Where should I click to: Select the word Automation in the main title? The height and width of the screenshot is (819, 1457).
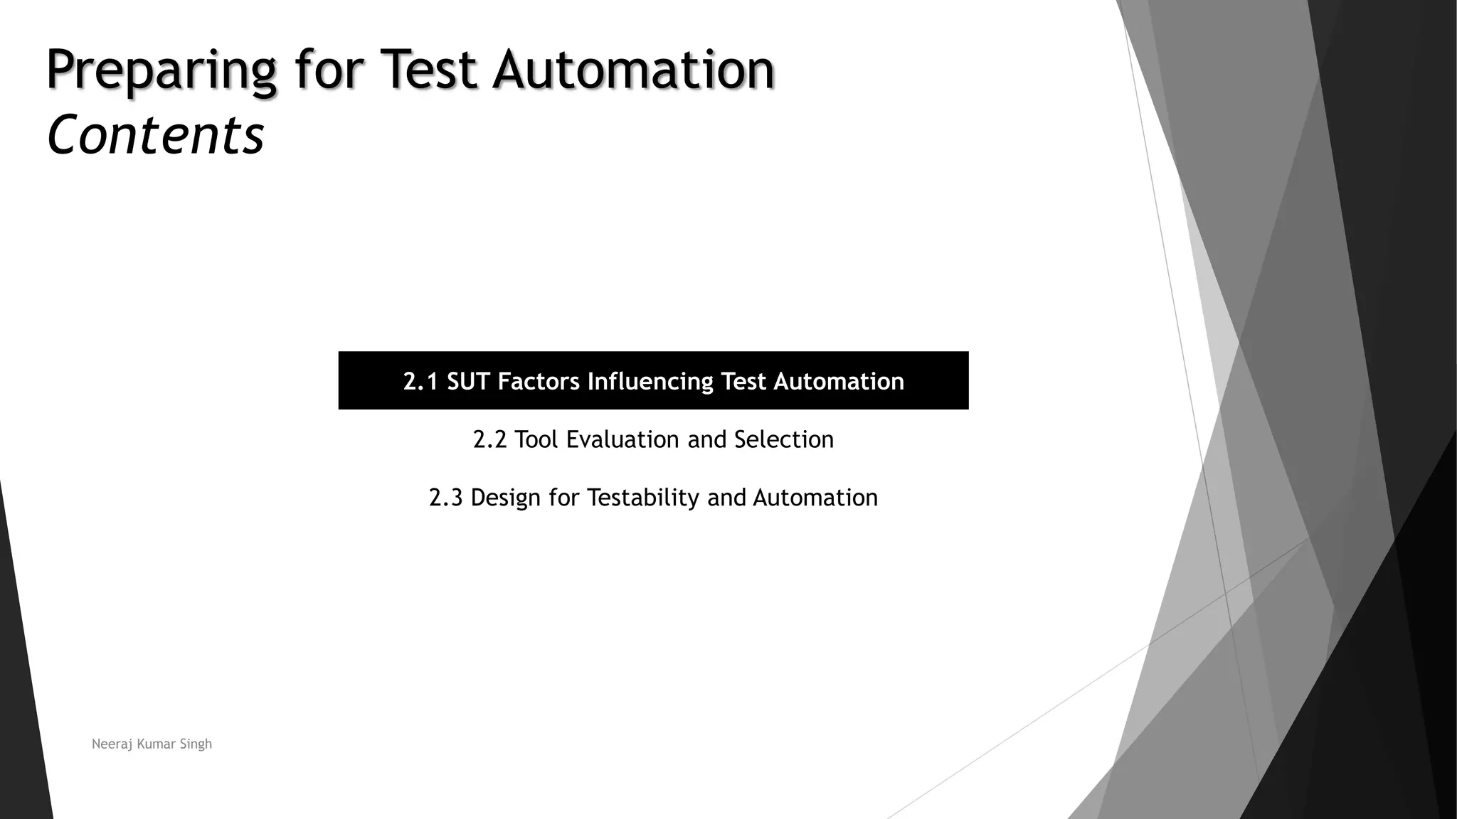[x=633, y=70]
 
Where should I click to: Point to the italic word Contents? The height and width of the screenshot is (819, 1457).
[x=155, y=135]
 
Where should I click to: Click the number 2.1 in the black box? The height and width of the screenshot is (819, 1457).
[x=420, y=382]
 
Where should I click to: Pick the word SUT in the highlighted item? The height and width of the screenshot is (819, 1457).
[x=469, y=382]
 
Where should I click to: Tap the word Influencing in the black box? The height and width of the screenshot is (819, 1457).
[x=650, y=382]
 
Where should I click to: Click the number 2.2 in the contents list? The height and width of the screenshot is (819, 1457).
[x=489, y=439]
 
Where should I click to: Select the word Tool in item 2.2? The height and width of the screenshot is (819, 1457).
[x=536, y=439]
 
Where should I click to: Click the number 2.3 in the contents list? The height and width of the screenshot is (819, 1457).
[x=446, y=498]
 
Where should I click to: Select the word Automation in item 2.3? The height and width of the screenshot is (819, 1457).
[x=815, y=498]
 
